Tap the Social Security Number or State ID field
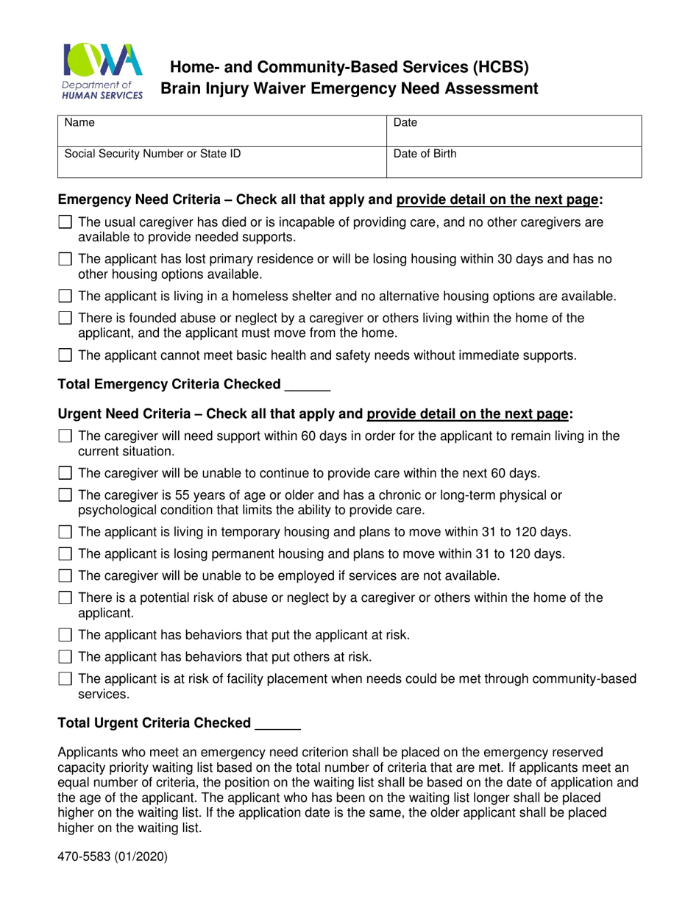pyautogui.click(x=221, y=162)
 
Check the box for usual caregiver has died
pyautogui.click(x=65, y=221)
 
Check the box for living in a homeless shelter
pyautogui.click(x=65, y=297)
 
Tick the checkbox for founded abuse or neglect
pyautogui.click(x=65, y=319)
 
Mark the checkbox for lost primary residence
pyautogui.click(x=65, y=259)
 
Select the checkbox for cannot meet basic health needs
pyautogui.click(x=65, y=356)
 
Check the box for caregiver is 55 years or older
pyautogui.click(x=65, y=495)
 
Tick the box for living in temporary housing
pyautogui.click(x=65, y=532)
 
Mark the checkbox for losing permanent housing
pyautogui.click(x=65, y=554)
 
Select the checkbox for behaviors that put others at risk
pyautogui.click(x=65, y=656)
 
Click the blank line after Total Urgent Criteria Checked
pyautogui.click(x=277, y=724)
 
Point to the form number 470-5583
pyautogui.click(x=113, y=856)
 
